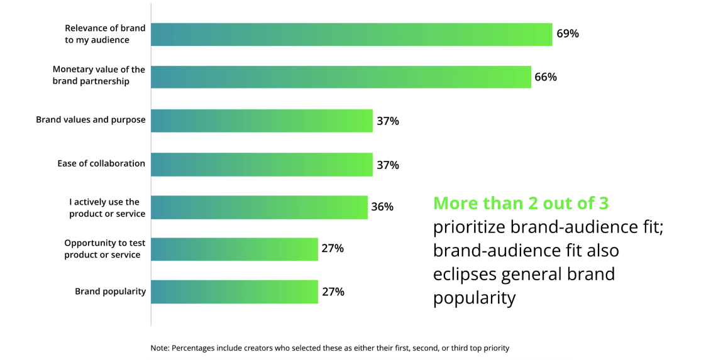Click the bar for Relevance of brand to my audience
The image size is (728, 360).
(x=351, y=35)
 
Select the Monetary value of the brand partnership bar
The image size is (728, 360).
(x=341, y=77)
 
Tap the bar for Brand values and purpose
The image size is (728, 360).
(x=262, y=121)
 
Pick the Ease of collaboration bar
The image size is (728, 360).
(x=262, y=165)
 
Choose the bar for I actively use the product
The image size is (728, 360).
(x=259, y=207)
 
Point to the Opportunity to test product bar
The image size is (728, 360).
(x=234, y=249)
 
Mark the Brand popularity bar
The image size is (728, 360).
(x=234, y=292)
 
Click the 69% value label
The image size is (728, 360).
(x=567, y=34)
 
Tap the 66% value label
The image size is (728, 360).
(x=546, y=77)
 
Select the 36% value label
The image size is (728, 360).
(x=382, y=207)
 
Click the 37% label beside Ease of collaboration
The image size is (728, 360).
(x=388, y=165)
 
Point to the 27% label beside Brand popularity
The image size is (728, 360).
(x=333, y=292)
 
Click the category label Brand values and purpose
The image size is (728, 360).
(x=91, y=120)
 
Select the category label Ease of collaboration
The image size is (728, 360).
(x=101, y=163)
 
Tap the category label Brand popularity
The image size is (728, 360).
(x=110, y=292)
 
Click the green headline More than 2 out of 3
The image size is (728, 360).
(x=521, y=204)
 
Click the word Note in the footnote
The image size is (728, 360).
(x=159, y=347)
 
